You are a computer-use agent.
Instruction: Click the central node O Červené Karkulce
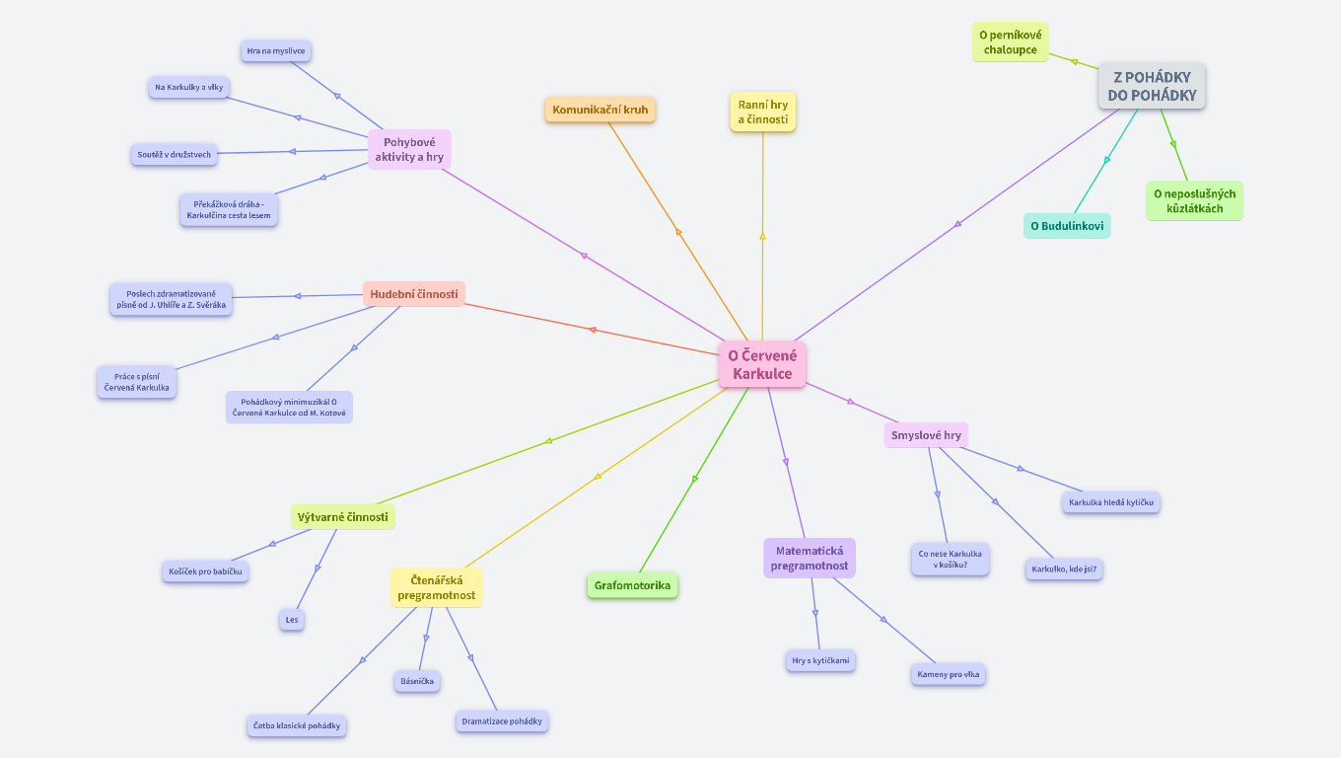tap(762, 364)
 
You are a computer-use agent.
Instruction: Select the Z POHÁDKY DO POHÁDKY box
tap(1152, 86)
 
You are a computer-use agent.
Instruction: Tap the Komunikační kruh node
tap(600, 110)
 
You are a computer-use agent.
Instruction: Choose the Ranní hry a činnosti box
tap(763, 112)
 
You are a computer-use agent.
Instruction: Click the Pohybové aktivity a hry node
tap(409, 149)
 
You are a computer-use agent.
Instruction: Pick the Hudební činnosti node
tap(414, 293)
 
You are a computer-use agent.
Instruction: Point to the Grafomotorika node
tap(632, 585)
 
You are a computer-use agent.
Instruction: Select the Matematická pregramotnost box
tap(810, 558)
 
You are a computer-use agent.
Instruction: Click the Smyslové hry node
tap(926, 434)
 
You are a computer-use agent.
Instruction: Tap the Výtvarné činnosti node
tap(343, 516)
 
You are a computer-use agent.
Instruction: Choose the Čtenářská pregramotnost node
tap(437, 587)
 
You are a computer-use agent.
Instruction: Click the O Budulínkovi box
tap(1067, 226)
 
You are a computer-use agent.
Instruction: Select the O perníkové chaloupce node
tap(1011, 41)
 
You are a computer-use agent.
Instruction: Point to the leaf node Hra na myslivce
tap(277, 50)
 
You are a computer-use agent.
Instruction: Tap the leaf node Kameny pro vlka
tap(949, 674)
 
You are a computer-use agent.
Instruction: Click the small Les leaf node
tap(292, 620)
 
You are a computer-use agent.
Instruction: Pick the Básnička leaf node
tap(417, 681)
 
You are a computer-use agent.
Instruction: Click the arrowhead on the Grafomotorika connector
tap(695, 479)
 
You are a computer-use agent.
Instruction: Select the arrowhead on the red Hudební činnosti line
tap(592, 330)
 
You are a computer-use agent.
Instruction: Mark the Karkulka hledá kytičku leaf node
tap(1111, 502)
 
